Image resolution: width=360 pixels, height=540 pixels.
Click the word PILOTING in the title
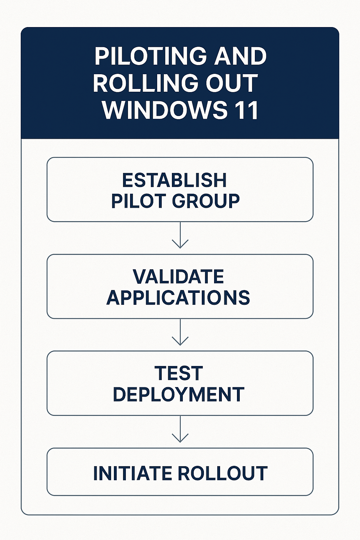pyautogui.click(x=150, y=56)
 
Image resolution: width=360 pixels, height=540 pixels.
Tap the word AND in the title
pyautogui.click(x=240, y=56)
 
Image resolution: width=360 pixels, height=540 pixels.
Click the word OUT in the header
pyautogui.click(x=232, y=83)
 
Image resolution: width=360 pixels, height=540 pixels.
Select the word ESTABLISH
pyautogui.click(x=174, y=180)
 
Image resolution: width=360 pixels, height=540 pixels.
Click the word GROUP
pyautogui.click(x=206, y=201)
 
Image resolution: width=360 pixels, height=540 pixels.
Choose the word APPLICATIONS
pyautogui.click(x=178, y=297)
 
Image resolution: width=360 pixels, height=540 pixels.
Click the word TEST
pyautogui.click(x=179, y=373)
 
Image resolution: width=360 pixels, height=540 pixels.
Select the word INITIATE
pyautogui.click(x=133, y=473)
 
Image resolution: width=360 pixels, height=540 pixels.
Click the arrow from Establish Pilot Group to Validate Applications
pyautogui.click(x=180, y=235)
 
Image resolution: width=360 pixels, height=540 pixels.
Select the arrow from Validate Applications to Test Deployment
pyautogui.click(x=180, y=332)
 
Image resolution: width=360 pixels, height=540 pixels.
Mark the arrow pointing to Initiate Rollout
pyautogui.click(x=180, y=429)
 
